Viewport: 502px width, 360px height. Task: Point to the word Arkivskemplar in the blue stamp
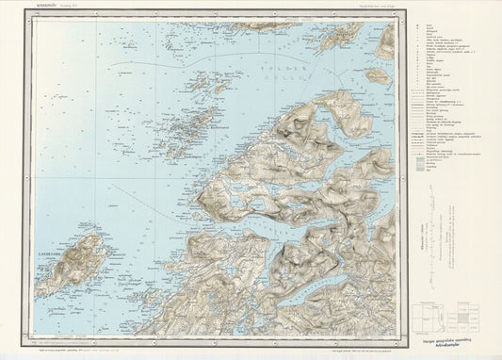click(453, 347)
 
